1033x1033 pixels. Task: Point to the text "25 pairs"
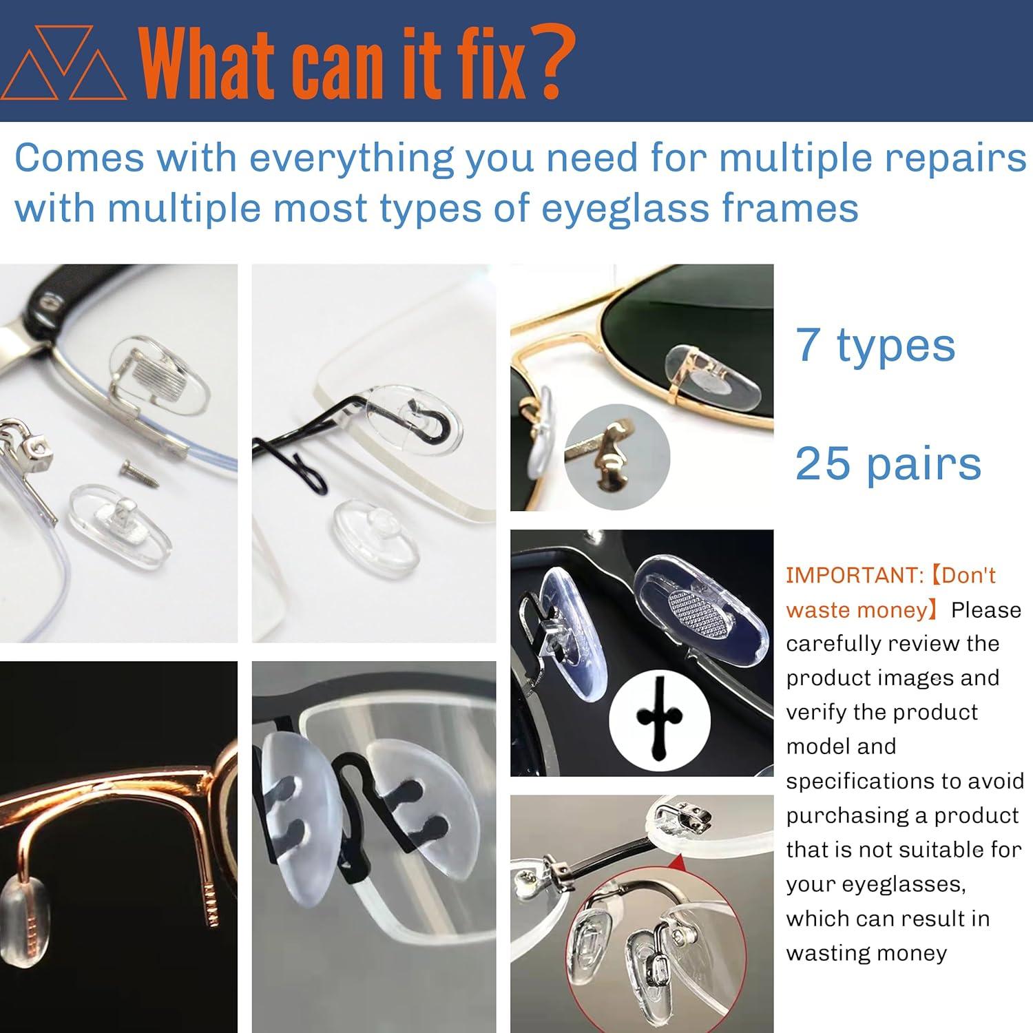pos(888,463)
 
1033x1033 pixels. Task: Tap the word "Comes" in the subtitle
pos(79,158)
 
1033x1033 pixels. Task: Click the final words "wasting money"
pos(866,953)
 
